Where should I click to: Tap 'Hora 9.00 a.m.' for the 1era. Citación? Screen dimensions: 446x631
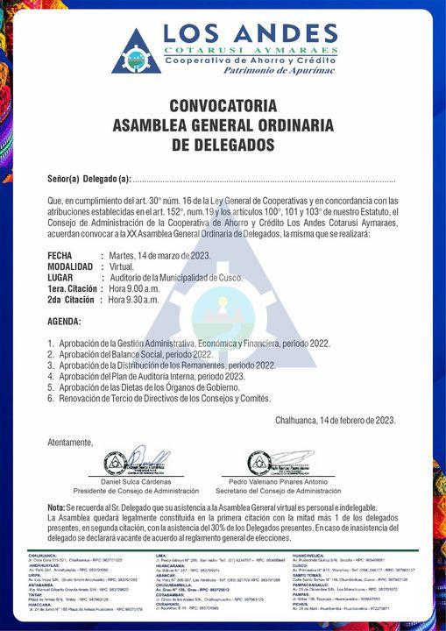click(133, 288)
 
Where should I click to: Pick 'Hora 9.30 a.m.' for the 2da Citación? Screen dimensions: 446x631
click(133, 300)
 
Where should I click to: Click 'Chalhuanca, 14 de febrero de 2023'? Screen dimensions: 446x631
click(336, 421)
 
